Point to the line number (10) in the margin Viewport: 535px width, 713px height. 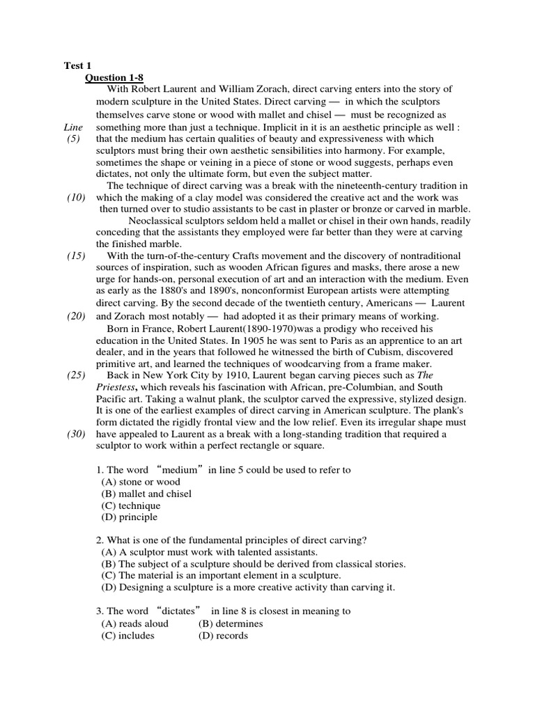click(x=76, y=198)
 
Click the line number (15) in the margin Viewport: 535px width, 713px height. click(x=76, y=256)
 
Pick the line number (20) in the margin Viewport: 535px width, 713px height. click(x=76, y=315)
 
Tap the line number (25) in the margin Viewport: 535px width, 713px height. click(x=76, y=375)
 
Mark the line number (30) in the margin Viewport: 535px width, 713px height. click(x=76, y=434)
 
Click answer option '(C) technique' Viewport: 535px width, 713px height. click(x=131, y=506)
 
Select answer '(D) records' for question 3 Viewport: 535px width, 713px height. click(x=223, y=635)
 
